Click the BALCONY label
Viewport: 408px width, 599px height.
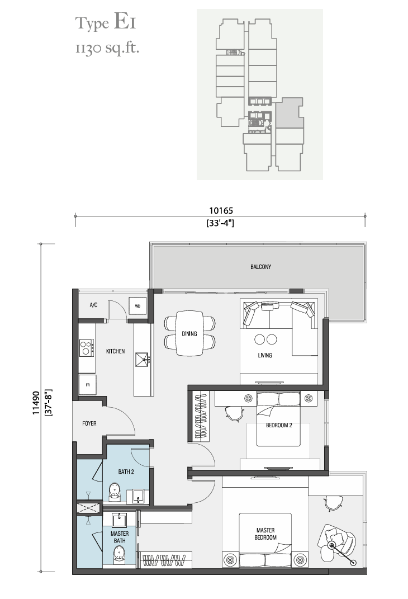260,267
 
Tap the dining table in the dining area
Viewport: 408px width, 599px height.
189,333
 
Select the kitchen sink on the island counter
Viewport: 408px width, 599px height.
142,360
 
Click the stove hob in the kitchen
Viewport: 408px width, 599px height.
86,348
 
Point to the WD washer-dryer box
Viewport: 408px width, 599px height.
137,305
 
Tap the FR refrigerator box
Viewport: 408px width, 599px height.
87,385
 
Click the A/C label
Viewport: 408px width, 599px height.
93,305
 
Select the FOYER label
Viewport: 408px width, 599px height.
89,423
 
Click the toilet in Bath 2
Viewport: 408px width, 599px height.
115,492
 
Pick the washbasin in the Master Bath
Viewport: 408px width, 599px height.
120,520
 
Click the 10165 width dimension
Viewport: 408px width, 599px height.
221,210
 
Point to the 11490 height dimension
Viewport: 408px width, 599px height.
36,403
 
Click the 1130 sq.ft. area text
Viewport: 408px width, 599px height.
107,48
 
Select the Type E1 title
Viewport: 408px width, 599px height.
105,22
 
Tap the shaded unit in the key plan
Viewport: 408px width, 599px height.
288,112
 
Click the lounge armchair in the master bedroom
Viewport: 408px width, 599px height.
338,539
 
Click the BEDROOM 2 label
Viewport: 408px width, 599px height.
279,425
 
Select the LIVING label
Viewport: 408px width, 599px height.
265,355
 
